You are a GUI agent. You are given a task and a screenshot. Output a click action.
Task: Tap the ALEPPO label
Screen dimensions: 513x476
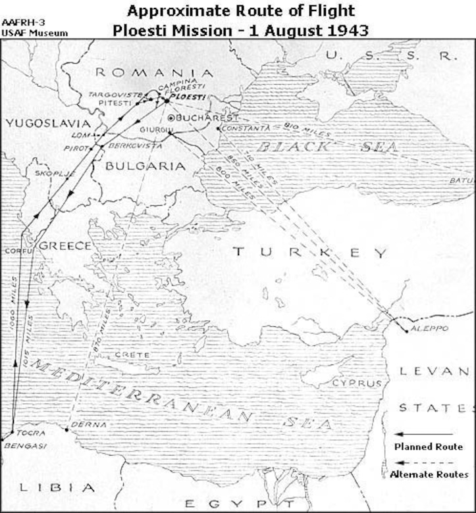(429, 328)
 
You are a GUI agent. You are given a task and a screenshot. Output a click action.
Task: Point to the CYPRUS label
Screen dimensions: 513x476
(367, 383)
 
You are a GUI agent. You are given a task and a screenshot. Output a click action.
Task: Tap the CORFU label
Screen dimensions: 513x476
(17, 251)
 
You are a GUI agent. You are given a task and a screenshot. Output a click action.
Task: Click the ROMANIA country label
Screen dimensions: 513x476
(154, 73)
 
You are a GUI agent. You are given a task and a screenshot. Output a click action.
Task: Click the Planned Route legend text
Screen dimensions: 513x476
(428, 447)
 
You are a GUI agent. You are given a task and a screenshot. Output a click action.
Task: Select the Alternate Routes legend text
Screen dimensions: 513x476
(429, 474)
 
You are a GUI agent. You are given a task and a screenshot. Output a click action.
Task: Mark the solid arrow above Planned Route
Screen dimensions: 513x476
(424, 434)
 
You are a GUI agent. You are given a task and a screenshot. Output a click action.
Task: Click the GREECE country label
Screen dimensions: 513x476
(65, 246)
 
